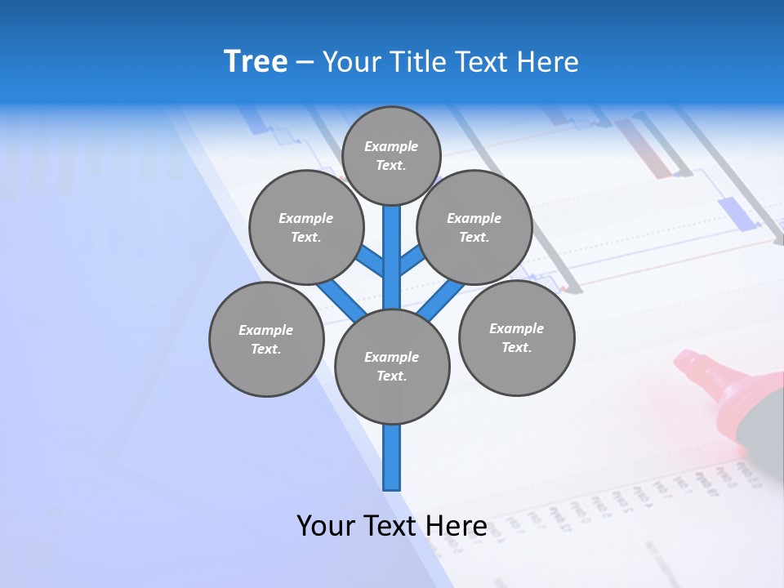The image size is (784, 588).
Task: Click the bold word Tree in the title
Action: pos(256,61)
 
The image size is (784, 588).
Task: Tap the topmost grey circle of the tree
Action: pos(391,155)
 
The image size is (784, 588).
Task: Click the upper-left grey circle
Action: pos(306,227)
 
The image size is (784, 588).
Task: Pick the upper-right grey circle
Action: pos(474,227)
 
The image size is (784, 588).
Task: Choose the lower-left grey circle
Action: pos(266,339)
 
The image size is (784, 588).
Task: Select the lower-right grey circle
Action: pos(517,337)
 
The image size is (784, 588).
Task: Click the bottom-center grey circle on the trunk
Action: pos(392,366)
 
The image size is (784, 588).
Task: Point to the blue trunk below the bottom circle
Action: pos(392,457)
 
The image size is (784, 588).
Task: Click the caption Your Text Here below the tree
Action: pos(392,526)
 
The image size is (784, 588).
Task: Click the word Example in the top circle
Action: pos(391,146)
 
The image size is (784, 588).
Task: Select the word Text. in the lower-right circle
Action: pos(516,347)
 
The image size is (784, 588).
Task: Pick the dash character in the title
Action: pos(305,62)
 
